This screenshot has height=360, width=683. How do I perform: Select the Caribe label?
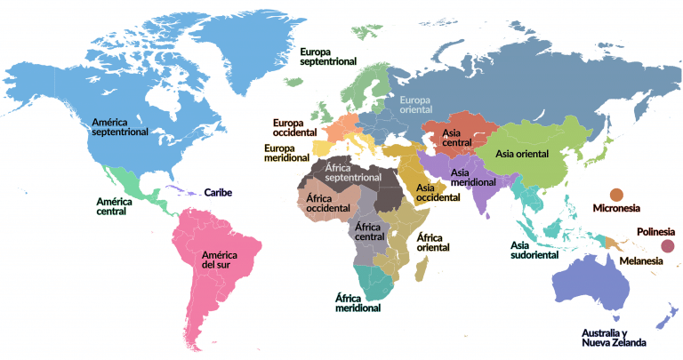tap(219, 192)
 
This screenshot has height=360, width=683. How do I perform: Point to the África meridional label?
tap(358, 302)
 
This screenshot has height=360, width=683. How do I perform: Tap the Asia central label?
tap(457, 138)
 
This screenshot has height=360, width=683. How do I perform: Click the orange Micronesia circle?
tap(615, 196)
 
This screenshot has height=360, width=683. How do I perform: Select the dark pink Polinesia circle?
tap(668, 246)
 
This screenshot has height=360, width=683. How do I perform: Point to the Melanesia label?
tap(640, 262)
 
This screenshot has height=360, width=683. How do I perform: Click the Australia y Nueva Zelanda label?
tap(613, 337)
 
